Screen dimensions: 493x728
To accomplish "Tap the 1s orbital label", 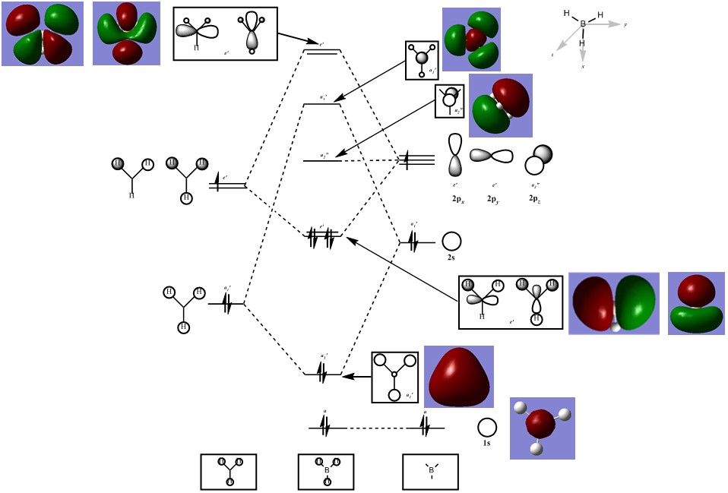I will click(486, 443).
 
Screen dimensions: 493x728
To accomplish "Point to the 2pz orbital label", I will click(537, 198).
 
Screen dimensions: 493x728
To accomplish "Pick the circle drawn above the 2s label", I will click(451, 241).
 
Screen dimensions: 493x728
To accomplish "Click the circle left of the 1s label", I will click(487, 427).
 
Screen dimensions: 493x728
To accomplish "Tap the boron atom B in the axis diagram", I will click(583, 24).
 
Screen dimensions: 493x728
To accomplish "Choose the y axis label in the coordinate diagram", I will click(625, 25).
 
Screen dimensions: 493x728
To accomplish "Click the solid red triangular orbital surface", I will click(458, 376).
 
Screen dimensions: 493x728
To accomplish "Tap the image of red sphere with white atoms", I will click(542, 428).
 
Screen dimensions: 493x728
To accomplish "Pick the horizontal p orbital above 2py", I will click(492, 156).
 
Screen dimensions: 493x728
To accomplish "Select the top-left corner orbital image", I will click(43, 33).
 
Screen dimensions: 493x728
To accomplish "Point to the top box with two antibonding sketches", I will click(225, 33).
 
